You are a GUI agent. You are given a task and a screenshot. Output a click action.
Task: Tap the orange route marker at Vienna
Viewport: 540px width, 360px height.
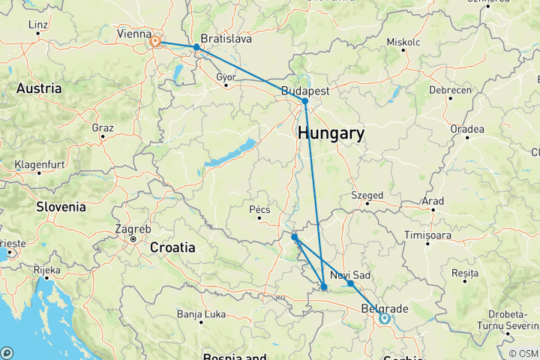[156, 41]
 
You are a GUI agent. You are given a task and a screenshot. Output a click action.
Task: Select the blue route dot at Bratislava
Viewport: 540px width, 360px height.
[196, 47]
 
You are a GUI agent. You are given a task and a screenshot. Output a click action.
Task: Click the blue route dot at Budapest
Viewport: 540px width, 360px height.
[305, 101]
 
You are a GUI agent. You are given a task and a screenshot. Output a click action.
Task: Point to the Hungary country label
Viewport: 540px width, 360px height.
[331, 134]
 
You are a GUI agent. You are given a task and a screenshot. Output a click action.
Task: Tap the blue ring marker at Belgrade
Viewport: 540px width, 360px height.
[384, 318]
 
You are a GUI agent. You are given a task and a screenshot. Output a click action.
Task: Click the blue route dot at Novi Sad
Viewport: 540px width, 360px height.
[350, 283]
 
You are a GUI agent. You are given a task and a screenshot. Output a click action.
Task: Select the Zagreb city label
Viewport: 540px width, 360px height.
[132, 229]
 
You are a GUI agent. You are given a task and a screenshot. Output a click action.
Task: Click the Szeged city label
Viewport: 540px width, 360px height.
[367, 196]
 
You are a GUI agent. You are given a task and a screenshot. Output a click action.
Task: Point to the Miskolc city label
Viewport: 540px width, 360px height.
[404, 41]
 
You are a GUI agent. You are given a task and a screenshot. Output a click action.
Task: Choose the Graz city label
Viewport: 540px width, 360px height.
[103, 127]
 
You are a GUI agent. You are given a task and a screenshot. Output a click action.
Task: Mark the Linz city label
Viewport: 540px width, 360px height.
[37, 25]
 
